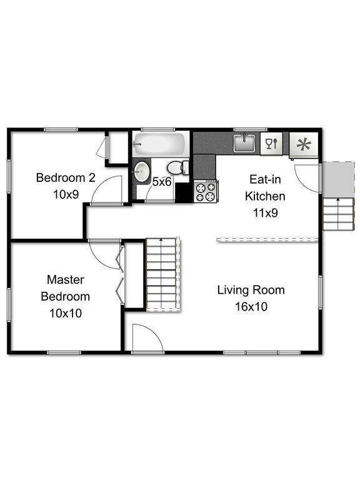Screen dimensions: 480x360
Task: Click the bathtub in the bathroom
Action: (x=159, y=145)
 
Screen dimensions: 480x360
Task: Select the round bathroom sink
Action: (x=142, y=170)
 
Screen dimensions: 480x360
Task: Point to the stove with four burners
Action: (x=206, y=191)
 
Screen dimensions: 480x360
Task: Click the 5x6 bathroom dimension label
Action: (x=162, y=182)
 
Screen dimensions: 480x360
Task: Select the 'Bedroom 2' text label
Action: (x=66, y=177)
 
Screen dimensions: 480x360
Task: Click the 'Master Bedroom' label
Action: (x=66, y=287)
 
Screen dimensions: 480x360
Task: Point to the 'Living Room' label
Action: (x=251, y=290)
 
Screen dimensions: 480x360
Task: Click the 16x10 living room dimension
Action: (x=251, y=306)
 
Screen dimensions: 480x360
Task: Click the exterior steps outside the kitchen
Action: (x=337, y=214)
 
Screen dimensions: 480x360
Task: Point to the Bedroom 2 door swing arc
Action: (x=106, y=191)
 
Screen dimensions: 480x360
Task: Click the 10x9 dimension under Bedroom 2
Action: (x=66, y=194)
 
